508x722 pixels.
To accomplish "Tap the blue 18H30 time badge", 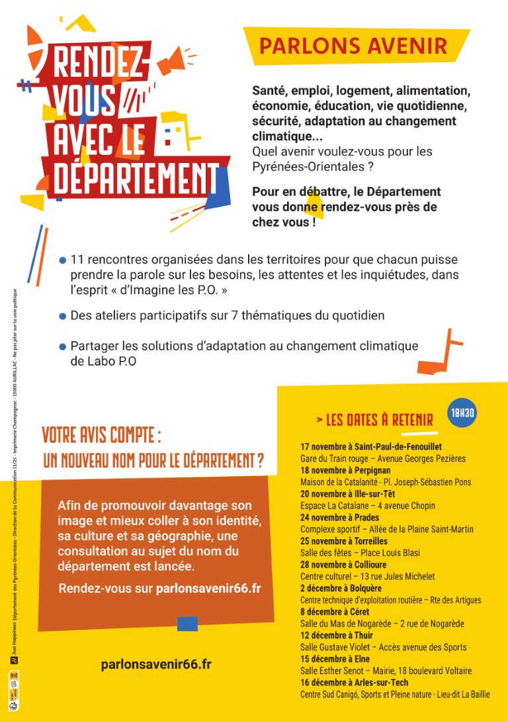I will [462, 413].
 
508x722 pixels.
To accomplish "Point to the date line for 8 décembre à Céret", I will [335, 611].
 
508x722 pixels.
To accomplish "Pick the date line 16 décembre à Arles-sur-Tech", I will [354, 682].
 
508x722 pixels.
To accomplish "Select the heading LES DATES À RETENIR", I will [374, 420].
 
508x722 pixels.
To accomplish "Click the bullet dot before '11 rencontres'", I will [63, 260].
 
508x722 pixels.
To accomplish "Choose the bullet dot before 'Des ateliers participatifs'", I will [63, 316].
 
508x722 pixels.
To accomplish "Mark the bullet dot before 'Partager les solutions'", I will [63, 346].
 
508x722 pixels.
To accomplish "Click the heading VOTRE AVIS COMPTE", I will [102, 435].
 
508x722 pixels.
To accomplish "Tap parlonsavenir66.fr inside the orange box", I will [208, 588].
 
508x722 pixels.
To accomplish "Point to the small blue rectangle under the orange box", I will [187, 623].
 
